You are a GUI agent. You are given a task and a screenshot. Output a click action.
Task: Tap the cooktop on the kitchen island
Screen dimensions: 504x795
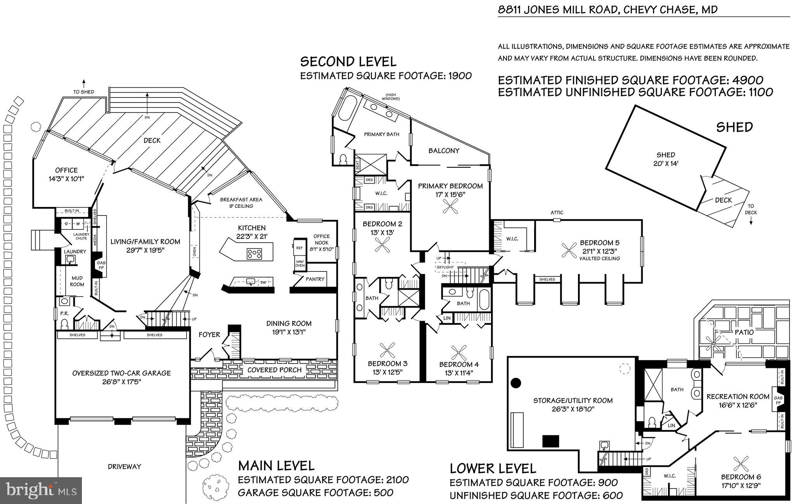[x=254, y=254]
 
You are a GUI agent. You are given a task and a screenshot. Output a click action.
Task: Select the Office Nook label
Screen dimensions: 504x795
[x=321, y=239]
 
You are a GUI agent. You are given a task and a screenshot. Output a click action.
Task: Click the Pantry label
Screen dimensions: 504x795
[x=315, y=279]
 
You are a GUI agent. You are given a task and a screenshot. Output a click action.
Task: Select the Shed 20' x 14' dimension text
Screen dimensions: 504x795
[x=666, y=164]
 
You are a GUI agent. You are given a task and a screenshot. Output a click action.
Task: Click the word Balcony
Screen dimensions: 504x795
[x=444, y=151]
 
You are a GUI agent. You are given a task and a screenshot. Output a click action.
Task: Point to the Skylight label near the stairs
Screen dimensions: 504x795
[x=445, y=267]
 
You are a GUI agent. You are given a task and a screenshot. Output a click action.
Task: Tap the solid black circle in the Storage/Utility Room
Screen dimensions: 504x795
[x=516, y=383]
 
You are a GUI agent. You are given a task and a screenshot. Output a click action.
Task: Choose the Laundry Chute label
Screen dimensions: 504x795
[x=82, y=236]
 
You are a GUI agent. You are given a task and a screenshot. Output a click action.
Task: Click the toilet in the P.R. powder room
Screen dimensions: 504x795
[x=65, y=323]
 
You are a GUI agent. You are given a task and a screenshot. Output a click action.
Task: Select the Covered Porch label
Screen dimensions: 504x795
[x=274, y=370]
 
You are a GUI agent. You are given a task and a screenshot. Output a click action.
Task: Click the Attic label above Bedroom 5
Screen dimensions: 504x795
[x=557, y=212]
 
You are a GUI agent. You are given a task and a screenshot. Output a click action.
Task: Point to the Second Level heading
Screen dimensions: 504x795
[x=348, y=62]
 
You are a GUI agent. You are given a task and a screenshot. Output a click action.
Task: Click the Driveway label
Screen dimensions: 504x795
[x=124, y=466]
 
